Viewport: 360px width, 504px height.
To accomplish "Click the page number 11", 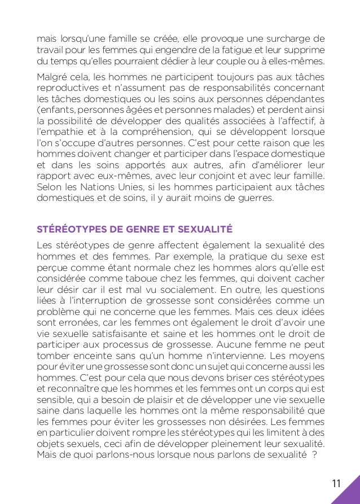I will pyautogui.click(x=336, y=483).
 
